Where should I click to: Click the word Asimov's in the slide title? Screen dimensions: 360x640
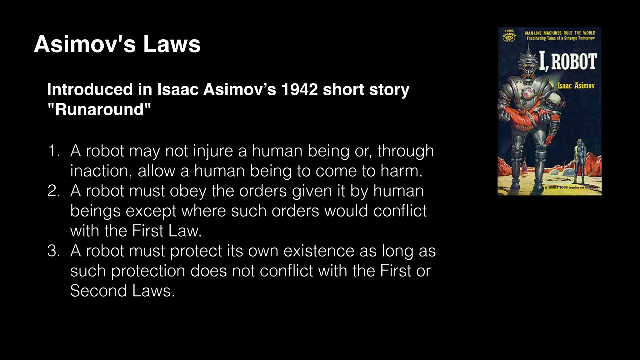pos(85,44)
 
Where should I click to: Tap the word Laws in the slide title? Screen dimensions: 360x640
pos(172,44)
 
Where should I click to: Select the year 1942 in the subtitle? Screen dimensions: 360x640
pos(299,89)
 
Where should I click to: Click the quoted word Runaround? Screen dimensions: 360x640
pos(99,109)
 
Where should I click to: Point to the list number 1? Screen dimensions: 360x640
pos(53,151)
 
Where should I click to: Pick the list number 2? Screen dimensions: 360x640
pos(53,191)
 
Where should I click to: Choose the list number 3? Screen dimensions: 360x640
pos(53,251)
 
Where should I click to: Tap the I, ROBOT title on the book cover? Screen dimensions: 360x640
pos(568,62)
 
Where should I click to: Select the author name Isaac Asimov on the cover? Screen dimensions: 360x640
pos(576,86)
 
